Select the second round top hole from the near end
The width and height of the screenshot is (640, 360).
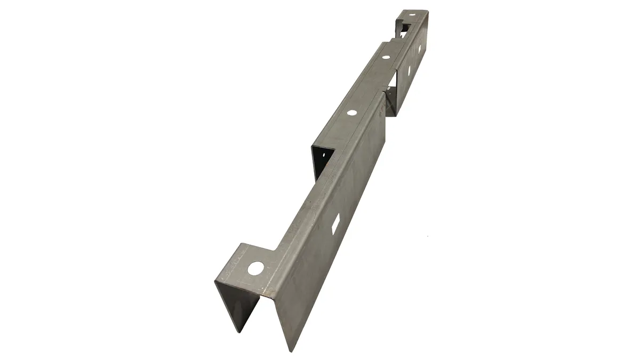pyautogui.click(x=351, y=113)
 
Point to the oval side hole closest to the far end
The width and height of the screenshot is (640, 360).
pyautogui.click(x=419, y=49)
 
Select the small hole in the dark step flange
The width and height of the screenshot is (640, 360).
pyautogui.click(x=322, y=155)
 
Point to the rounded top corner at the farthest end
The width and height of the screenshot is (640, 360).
pyautogui.click(x=427, y=12)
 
